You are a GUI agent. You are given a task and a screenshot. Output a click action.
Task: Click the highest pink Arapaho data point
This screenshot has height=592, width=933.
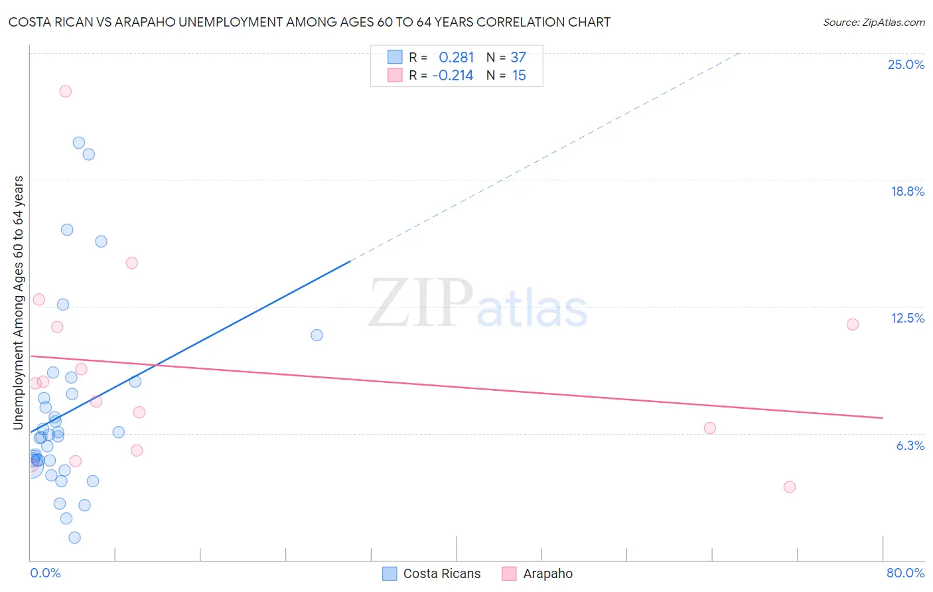(x=65, y=92)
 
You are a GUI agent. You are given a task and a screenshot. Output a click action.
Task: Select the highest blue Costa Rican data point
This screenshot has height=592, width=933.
(x=79, y=143)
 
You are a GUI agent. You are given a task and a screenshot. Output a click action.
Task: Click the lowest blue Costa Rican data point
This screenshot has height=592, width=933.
(x=75, y=538)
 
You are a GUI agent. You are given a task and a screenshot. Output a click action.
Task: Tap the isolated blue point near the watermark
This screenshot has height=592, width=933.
(x=317, y=335)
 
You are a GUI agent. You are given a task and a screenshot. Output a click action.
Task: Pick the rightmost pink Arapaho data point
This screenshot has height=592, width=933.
(x=853, y=325)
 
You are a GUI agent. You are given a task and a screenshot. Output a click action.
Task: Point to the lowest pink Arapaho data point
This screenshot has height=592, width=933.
(x=790, y=487)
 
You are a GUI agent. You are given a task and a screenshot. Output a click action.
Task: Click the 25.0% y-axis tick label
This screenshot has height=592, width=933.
(x=906, y=64)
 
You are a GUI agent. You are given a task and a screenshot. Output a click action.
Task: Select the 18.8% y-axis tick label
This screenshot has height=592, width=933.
(x=907, y=191)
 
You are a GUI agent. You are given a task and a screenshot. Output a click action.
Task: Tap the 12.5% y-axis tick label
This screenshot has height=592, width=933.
(x=907, y=319)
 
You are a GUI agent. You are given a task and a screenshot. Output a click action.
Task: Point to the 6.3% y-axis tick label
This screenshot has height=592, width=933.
(x=910, y=445)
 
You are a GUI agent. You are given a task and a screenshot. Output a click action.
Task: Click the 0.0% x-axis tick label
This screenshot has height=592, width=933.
(x=45, y=573)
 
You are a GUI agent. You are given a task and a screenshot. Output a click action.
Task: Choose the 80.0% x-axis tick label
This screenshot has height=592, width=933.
(x=905, y=573)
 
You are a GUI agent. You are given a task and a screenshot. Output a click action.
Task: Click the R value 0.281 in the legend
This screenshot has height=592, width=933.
(x=457, y=58)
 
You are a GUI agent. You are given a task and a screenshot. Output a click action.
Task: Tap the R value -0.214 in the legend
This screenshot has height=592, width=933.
(x=453, y=76)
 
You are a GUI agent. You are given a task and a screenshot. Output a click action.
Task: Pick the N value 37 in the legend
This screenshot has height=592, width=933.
(x=518, y=58)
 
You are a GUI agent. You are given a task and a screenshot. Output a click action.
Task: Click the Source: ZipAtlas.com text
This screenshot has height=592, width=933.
(x=874, y=23)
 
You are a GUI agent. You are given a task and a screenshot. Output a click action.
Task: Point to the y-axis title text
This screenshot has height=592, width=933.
(x=19, y=303)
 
